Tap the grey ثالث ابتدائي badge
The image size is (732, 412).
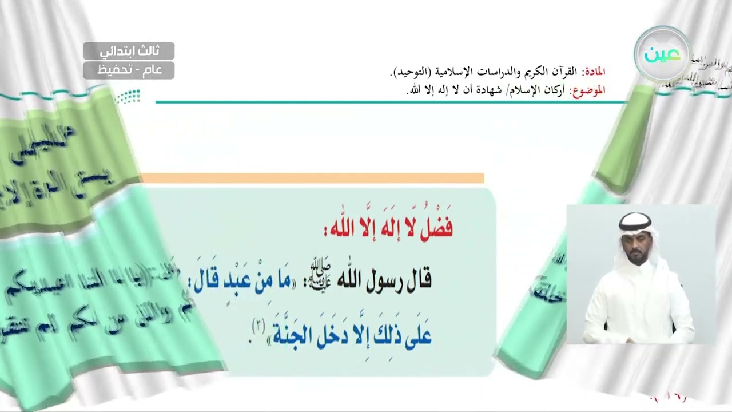click(129, 51)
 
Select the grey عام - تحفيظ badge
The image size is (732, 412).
click(129, 70)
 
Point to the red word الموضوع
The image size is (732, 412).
click(589, 90)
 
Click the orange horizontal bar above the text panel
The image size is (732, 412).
click(312, 178)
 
